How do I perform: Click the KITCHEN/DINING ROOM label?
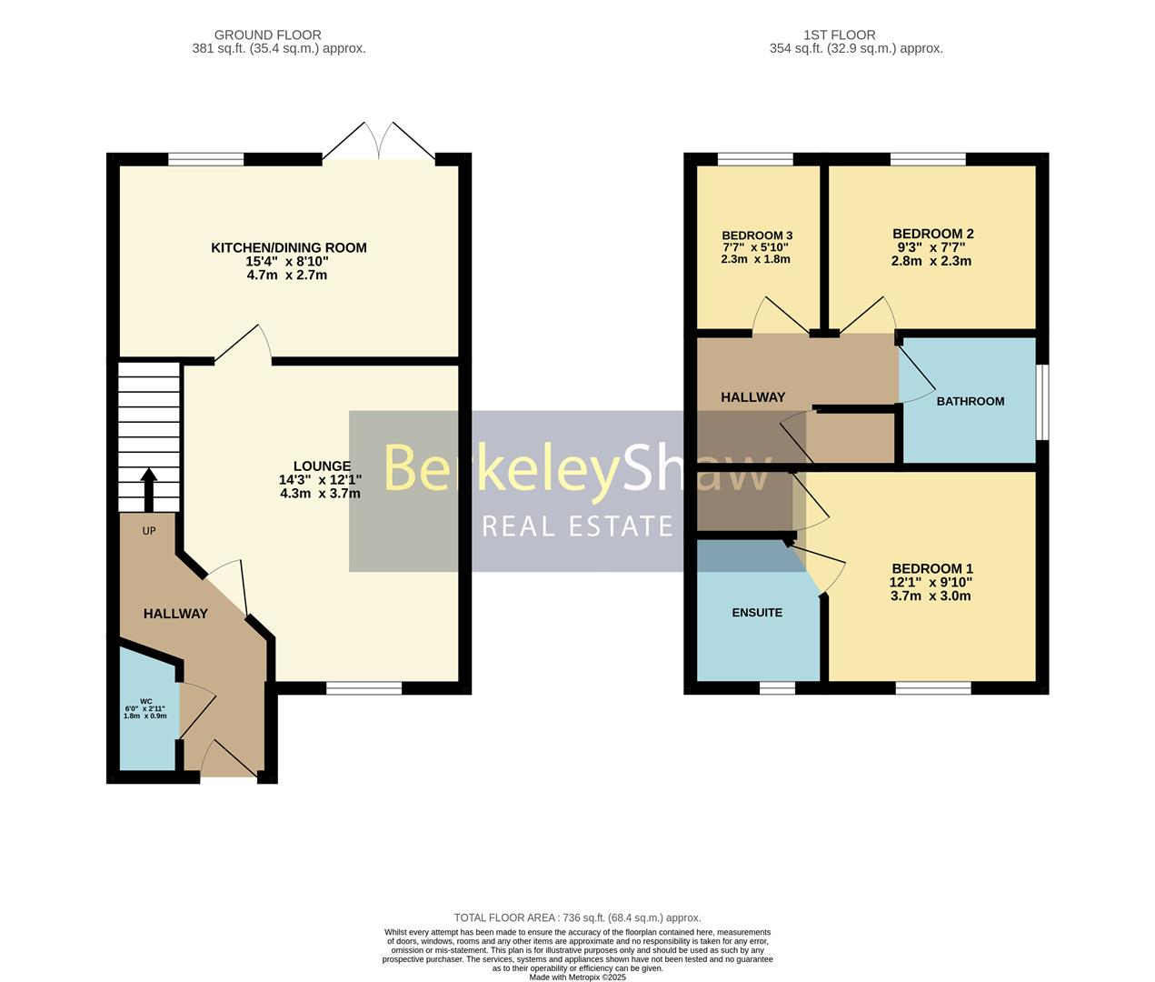(288, 247)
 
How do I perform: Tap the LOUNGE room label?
(321, 466)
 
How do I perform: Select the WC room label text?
(145, 701)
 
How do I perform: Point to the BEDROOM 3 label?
(757, 235)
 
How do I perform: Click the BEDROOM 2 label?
(932, 234)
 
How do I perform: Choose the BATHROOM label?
(970, 401)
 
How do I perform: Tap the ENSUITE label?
(757, 613)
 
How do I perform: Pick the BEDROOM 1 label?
(931, 568)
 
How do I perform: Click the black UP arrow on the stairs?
(149, 491)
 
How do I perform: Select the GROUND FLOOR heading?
(267, 35)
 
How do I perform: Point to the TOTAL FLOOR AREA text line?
(577, 918)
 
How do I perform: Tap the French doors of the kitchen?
(379, 144)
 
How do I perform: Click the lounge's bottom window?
(363, 688)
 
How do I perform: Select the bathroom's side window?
(1042, 402)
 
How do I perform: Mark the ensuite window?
(777, 688)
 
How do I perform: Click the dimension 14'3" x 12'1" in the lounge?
(321, 480)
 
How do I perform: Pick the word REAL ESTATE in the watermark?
(577, 526)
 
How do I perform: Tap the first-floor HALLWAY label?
(752, 397)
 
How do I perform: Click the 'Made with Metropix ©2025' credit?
(577, 977)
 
